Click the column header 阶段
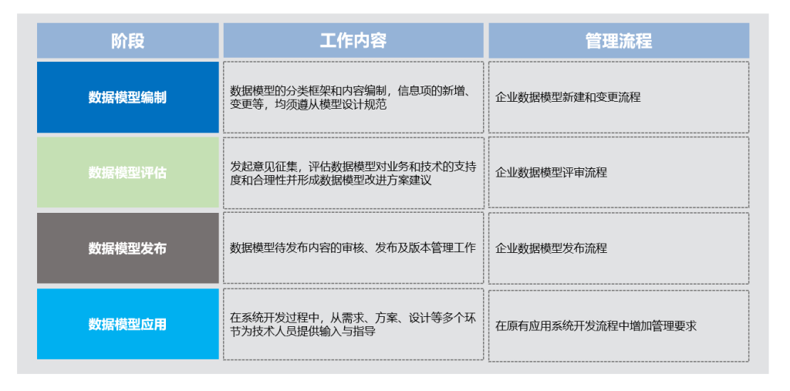click(128, 40)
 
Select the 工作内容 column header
click(353, 40)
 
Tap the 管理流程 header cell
click(619, 40)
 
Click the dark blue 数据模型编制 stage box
click(128, 97)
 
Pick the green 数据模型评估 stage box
click(128, 172)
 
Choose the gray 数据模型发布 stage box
click(128, 248)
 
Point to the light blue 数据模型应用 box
click(128, 324)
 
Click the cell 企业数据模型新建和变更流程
click(619, 97)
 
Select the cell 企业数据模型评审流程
click(619, 172)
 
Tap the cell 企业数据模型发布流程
click(619, 248)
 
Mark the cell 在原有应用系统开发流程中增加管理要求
click(619, 325)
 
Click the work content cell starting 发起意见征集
click(353, 173)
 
